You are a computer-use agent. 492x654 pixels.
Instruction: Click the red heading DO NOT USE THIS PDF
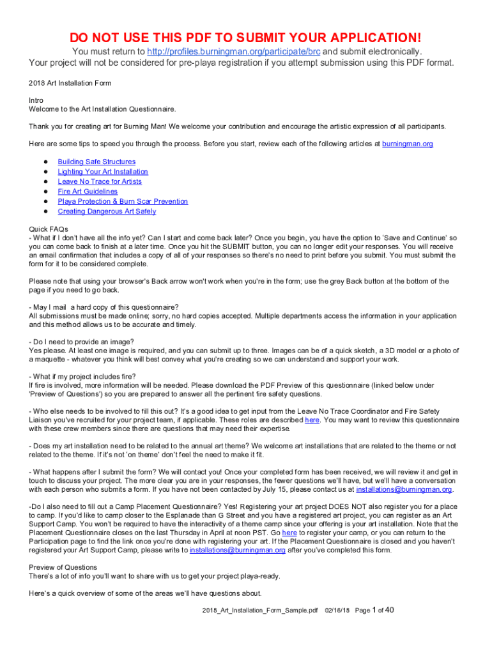point(245,37)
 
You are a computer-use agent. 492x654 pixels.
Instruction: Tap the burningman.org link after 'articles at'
point(407,144)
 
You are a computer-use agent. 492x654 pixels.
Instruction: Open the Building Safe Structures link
point(96,162)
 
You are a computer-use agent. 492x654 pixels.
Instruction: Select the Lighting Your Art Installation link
point(103,172)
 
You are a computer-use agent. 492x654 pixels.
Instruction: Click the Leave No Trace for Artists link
point(100,182)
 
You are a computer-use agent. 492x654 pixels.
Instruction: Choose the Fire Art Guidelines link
point(88,192)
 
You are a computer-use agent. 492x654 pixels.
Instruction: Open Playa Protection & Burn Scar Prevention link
point(123,202)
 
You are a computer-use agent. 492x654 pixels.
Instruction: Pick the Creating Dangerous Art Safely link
point(107,211)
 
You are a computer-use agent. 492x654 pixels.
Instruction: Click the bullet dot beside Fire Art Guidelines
point(46,192)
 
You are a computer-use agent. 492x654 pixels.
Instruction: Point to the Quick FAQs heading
point(49,228)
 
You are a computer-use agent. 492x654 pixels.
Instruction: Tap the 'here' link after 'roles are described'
point(312,420)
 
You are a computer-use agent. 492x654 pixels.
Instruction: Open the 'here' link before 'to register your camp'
point(289,533)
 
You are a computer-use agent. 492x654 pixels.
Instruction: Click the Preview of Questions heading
point(63,567)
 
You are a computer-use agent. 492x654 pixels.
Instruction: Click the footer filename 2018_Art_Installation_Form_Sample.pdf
point(258,611)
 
